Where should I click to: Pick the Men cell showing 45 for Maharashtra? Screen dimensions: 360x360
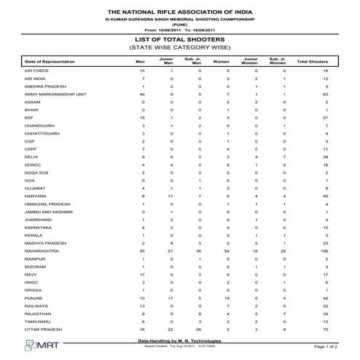pos(143,249)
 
